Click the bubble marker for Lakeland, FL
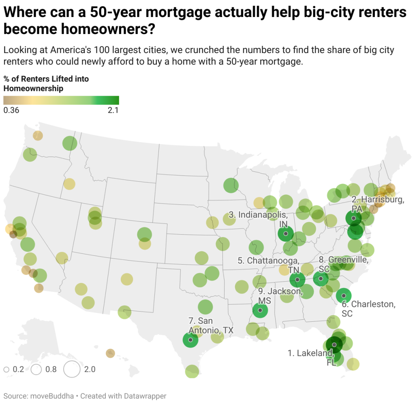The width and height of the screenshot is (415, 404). (334, 345)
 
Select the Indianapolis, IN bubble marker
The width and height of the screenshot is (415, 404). (286, 233)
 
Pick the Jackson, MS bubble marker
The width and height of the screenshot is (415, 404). (260, 311)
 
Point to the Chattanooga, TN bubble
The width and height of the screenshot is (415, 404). (297, 279)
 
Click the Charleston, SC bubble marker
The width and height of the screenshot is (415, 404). (344, 296)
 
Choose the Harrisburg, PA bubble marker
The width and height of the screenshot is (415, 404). (353, 218)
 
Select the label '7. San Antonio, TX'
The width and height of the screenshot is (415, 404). (211, 326)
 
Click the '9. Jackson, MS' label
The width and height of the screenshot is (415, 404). (280, 295)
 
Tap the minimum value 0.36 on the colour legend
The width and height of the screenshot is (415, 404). (11, 110)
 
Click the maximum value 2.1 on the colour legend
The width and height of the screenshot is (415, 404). (113, 110)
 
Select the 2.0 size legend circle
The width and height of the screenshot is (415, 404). (72, 369)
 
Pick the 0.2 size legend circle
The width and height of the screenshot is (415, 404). (6, 370)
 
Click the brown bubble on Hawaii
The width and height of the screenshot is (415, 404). (110, 353)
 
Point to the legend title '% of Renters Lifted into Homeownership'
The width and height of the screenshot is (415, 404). (46, 83)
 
